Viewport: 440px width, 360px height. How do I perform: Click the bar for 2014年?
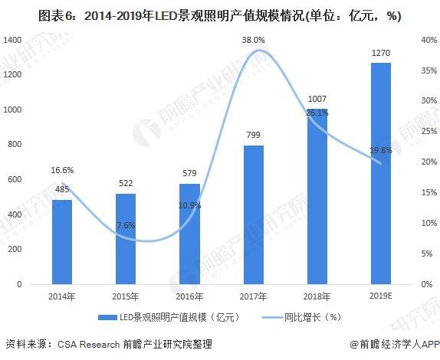(x=62, y=241)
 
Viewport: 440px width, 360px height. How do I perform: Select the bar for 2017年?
(x=254, y=214)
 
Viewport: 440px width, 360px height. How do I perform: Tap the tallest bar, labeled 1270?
(x=381, y=173)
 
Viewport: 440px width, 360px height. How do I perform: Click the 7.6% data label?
(x=126, y=224)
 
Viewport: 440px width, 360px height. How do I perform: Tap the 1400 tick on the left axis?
(x=13, y=39)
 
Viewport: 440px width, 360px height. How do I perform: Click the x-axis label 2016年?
(x=190, y=295)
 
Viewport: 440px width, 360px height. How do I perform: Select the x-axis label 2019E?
(x=381, y=295)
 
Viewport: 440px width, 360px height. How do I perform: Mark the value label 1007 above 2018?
(x=317, y=100)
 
